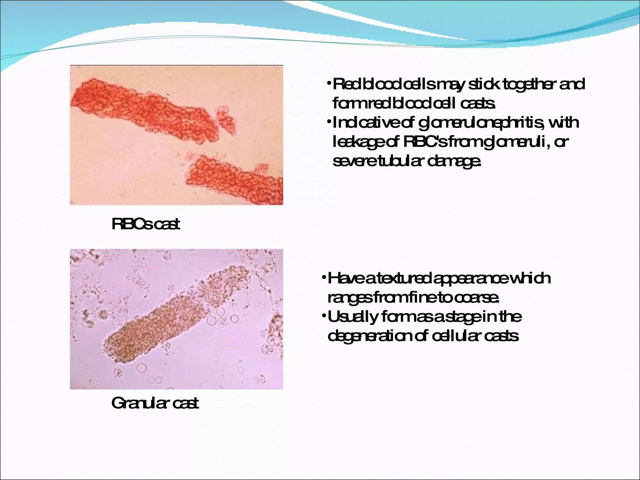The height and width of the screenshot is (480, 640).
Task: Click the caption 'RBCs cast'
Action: click(x=146, y=224)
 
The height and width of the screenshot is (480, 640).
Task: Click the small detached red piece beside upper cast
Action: click(x=226, y=120)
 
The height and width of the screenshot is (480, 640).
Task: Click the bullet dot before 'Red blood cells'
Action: click(x=329, y=83)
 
